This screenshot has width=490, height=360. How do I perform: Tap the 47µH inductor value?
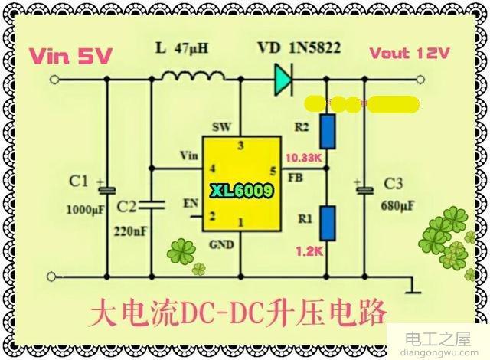coord(191,47)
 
